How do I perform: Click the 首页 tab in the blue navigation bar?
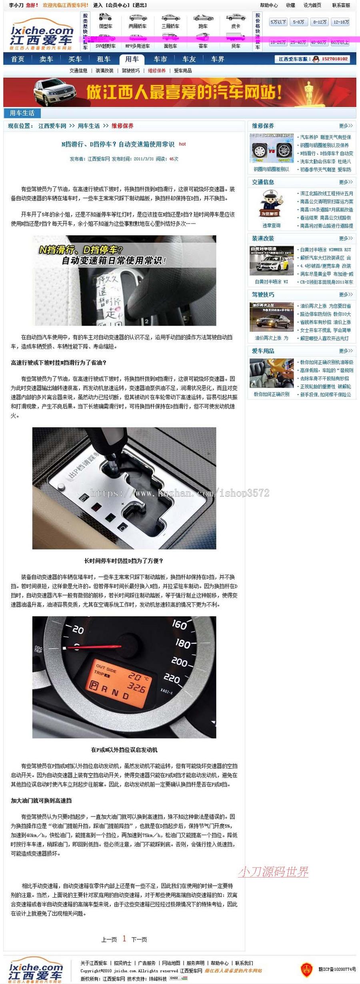(18, 59)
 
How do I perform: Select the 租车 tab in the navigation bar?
(103, 59)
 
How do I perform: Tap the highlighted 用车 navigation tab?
(132, 59)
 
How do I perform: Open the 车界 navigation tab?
(218, 59)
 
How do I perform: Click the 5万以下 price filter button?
(278, 22)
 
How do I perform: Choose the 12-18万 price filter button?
(341, 22)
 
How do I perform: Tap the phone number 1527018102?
(335, 59)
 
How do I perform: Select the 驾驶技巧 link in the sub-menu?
(131, 71)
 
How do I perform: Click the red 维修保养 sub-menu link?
(157, 71)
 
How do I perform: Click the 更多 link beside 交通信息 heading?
(346, 182)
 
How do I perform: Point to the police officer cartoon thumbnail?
(272, 204)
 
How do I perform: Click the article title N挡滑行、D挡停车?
(118, 144)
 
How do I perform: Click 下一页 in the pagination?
(139, 939)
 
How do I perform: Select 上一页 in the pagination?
(109, 939)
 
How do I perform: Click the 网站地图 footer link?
(171, 963)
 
